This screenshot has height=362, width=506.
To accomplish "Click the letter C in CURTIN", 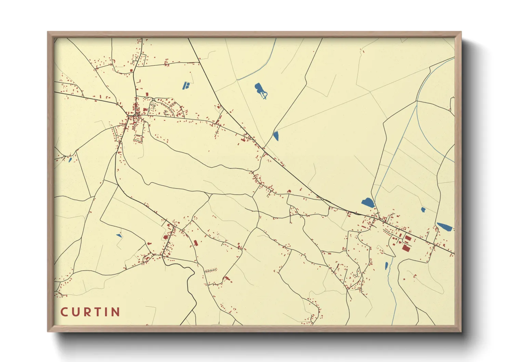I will (x=64, y=312).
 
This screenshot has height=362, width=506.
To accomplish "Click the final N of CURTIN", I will (x=116, y=312).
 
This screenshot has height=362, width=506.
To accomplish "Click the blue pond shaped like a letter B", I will (x=186, y=85).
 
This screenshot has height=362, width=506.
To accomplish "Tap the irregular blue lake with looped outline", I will (x=261, y=91).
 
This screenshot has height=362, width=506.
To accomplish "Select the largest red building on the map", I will (x=406, y=248).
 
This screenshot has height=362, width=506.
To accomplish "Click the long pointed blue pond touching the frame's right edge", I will (x=445, y=227).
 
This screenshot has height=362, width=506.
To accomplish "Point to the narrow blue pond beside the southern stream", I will (x=387, y=266).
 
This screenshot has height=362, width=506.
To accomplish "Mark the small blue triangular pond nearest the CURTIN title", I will (x=119, y=235).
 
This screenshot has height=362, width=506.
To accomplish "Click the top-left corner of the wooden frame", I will (x=48, y=32).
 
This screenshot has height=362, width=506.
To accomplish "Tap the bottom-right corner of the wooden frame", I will (x=461, y=331).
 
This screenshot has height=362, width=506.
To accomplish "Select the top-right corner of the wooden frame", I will (x=461, y=32).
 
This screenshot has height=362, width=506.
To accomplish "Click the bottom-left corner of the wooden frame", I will (x=48, y=331).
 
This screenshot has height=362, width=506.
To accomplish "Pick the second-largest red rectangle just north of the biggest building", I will (x=408, y=238).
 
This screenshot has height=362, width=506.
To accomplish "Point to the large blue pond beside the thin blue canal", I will (x=368, y=203).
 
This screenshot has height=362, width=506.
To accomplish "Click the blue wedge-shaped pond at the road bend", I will (x=276, y=136).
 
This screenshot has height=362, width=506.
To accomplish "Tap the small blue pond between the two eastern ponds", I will (x=423, y=210).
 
